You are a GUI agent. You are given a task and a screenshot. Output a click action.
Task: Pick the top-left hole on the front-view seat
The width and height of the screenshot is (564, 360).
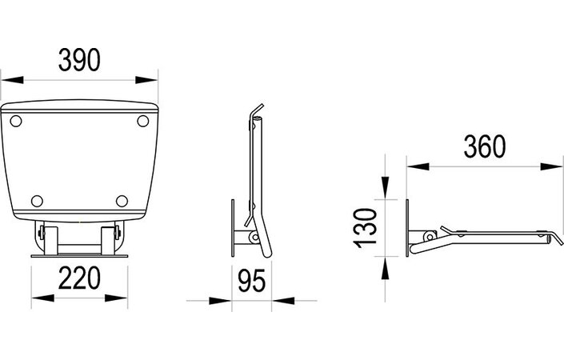(x=16, y=120)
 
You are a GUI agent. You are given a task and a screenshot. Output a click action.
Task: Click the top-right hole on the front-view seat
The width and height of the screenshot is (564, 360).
(x=143, y=121)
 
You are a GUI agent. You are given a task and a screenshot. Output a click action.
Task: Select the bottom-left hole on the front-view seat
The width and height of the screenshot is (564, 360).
(x=36, y=200)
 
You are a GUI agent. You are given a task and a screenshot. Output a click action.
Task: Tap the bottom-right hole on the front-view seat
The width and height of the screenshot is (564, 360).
(x=122, y=200)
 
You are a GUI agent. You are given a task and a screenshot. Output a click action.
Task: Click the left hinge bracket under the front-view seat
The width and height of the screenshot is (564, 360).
(x=46, y=238)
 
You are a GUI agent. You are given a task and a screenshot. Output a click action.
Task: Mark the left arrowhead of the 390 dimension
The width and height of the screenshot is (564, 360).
(x=10, y=80)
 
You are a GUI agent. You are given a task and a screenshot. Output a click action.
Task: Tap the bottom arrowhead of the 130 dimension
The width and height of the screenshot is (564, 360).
(x=386, y=266)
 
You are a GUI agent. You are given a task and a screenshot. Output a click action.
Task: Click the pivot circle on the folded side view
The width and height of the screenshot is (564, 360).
(x=253, y=238)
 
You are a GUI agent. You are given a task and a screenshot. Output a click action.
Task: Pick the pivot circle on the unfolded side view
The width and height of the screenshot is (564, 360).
(x=429, y=236)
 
